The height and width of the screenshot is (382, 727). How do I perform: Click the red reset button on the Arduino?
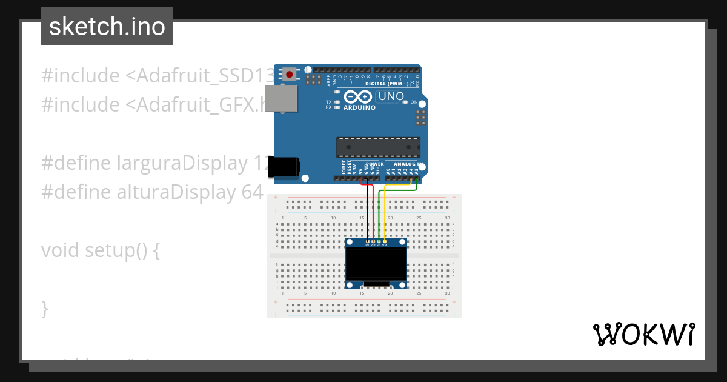(290, 75)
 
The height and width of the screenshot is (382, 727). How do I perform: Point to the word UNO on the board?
(391, 96)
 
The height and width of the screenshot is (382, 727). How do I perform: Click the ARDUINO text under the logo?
(360, 107)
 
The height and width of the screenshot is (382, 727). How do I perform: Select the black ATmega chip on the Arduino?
(378, 147)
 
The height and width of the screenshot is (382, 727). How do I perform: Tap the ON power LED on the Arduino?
(406, 102)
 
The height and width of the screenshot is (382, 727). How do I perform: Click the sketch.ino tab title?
(107, 27)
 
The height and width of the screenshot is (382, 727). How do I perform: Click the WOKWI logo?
(643, 334)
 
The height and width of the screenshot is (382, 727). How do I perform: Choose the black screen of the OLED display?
(376, 263)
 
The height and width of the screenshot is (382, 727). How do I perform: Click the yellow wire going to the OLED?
(385, 218)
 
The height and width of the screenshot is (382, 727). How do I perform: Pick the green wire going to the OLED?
(379, 218)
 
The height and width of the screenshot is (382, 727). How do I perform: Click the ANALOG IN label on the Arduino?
(407, 164)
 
